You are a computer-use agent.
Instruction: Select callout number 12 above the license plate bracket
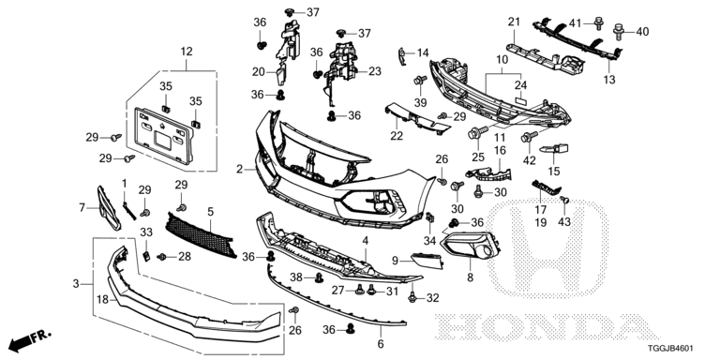[186, 52]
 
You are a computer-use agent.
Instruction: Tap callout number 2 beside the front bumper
[239, 170]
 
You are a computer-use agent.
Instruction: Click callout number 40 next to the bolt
[642, 32]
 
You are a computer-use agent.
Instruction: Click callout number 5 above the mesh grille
[210, 212]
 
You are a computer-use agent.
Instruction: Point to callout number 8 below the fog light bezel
[470, 277]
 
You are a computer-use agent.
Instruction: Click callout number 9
[395, 260]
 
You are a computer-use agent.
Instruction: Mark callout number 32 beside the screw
[433, 299]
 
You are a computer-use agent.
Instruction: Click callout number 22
[397, 137]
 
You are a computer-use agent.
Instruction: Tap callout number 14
[423, 52]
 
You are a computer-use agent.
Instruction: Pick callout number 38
[294, 277]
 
